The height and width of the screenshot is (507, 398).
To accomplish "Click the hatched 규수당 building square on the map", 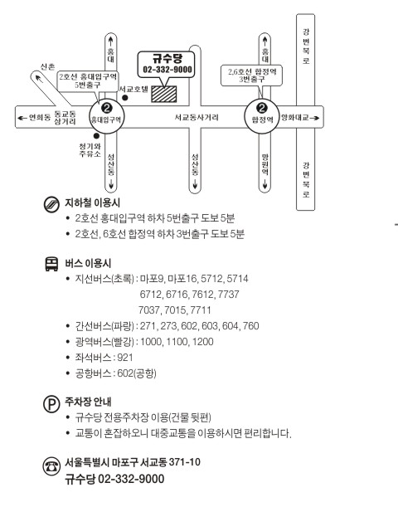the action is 164,94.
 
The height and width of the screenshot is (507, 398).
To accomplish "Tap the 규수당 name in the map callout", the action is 167,59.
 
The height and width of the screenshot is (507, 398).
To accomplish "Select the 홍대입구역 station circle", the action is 106,116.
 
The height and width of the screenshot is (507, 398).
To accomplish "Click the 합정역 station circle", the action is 262,116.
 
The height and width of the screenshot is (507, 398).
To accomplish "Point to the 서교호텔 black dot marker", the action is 124,98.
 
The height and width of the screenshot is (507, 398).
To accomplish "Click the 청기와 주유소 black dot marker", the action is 96,136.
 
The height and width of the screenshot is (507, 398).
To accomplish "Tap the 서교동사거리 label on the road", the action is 197,117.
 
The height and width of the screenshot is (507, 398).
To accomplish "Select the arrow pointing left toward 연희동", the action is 22,118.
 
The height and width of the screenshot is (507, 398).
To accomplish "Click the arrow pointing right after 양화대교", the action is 314,118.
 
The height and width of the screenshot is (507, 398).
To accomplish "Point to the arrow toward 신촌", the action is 39,79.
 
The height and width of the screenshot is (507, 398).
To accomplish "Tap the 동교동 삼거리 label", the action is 65,118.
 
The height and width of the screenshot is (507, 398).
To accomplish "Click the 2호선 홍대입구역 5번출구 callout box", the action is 88,81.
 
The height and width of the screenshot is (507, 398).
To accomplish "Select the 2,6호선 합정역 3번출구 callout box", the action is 252,76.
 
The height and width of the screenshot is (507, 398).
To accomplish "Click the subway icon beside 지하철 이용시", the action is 51,204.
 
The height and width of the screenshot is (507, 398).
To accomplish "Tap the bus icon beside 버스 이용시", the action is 51,264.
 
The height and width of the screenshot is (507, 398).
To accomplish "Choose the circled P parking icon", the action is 51,403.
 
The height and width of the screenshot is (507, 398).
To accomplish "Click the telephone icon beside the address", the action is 51,466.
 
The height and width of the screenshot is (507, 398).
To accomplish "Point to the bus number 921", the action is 125,358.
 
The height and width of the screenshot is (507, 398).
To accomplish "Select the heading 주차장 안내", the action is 88,402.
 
